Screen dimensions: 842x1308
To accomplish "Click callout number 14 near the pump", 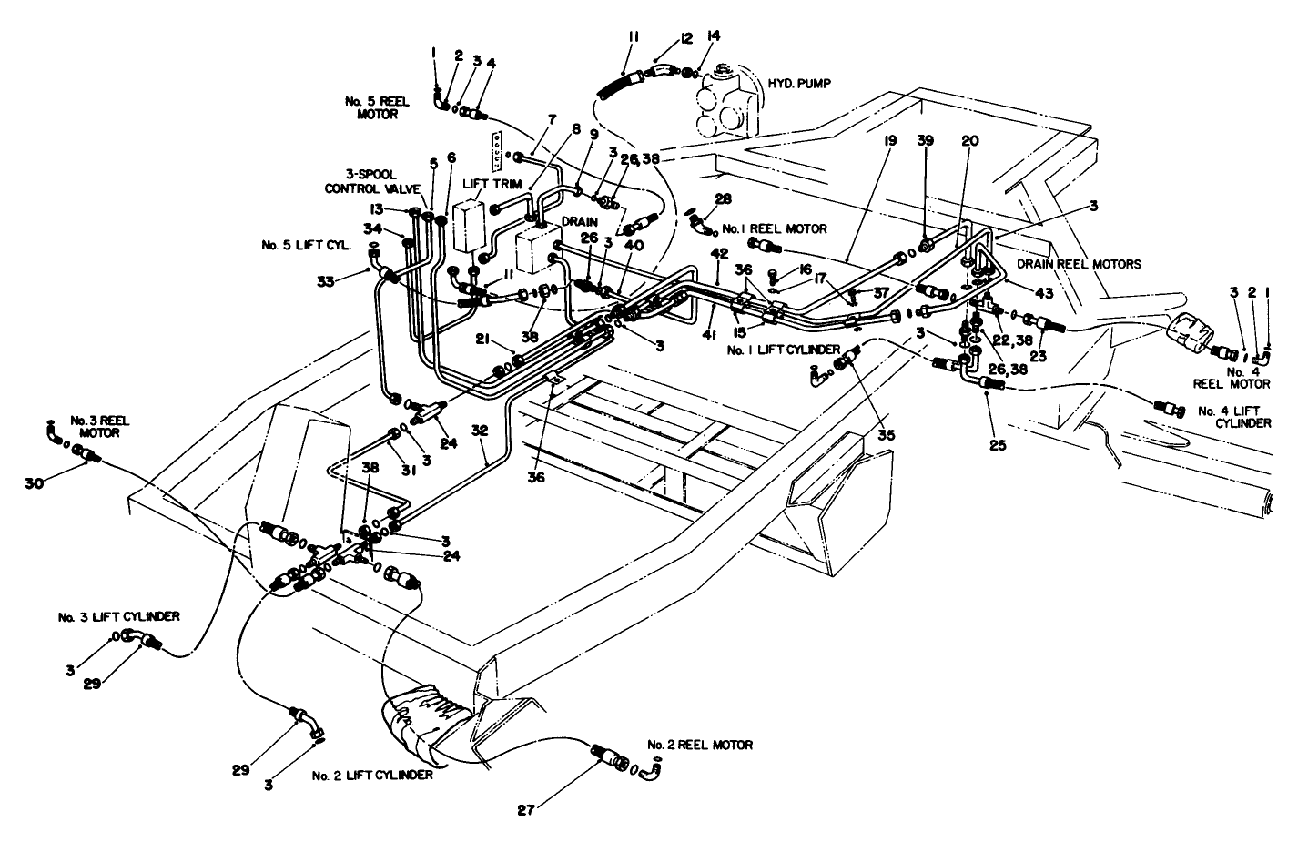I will (713, 37).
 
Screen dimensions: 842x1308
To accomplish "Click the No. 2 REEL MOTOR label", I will (700, 745).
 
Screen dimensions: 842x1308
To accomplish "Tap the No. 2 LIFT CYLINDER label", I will (372, 776).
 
